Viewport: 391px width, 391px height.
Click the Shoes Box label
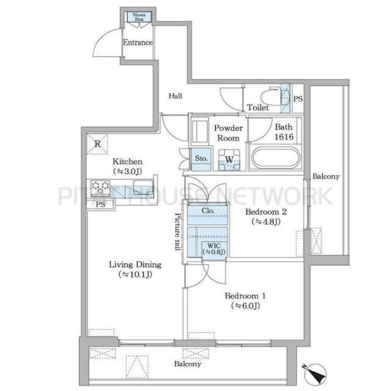click(x=139, y=17)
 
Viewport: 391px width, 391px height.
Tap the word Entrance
click(x=138, y=42)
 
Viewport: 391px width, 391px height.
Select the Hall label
click(x=175, y=96)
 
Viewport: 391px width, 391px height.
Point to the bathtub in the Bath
click(x=276, y=158)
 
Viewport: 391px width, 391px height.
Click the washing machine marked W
click(x=229, y=160)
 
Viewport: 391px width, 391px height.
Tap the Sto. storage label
click(x=201, y=158)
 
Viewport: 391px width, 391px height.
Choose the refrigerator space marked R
click(x=97, y=144)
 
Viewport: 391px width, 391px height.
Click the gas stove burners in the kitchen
click(x=100, y=188)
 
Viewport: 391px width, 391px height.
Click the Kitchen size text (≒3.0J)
click(x=128, y=171)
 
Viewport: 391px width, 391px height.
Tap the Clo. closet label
click(x=208, y=210)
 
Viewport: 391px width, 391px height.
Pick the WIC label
click(x=214, y=246)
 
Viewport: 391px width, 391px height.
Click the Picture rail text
click(x=177, y=231)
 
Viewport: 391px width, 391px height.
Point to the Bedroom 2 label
click(x=266, y=212)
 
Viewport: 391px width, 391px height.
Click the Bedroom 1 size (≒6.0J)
click(x=246, y=306)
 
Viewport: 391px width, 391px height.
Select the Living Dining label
click(x=135, y=265)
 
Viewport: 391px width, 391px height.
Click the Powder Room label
click(x=228, y=133)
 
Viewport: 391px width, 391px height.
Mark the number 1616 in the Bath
click(x=283, y=137)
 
